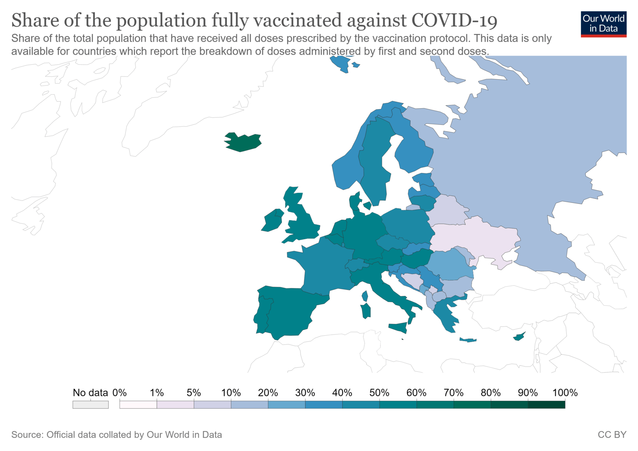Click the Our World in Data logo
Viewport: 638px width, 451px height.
[x=603, y=24]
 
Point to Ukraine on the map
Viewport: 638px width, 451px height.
[x=475, y=240]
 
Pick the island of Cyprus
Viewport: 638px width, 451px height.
[x=519, y=337]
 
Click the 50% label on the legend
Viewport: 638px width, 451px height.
[x=379, y=393]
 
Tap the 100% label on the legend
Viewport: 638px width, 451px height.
[x=565, y=393]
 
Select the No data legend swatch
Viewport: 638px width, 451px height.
[x=91, y=405]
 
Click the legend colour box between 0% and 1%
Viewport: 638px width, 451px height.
[x=138, y=405]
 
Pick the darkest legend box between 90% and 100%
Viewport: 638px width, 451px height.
[x=546, y=405]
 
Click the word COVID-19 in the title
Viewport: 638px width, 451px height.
[x=454, y=20]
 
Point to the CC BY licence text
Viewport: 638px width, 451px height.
[x=612, y=435]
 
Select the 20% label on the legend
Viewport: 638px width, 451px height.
[x=268, y=393]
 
